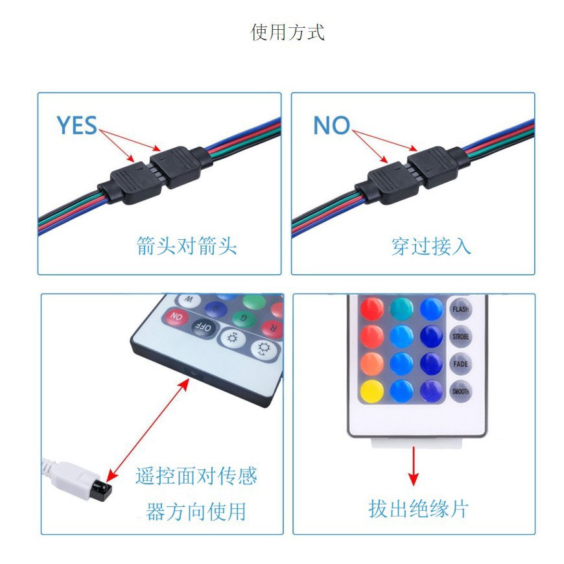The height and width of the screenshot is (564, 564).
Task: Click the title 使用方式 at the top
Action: (287, 32)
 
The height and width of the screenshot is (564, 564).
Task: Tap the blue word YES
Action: (76, 126)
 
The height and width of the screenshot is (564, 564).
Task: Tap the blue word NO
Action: (331, 126)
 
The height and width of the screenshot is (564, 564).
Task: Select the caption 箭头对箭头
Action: (187, 246)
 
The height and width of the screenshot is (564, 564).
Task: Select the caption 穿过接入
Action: (431, 246)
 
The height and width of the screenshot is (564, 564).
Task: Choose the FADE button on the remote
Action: (461, 364)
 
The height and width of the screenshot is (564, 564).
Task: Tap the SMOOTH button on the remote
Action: (461, 391)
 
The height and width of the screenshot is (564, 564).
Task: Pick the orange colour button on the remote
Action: (372, 363)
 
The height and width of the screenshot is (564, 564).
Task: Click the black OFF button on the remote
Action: (204, 327)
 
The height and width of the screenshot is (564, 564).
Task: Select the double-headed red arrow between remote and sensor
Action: (148, 428)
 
